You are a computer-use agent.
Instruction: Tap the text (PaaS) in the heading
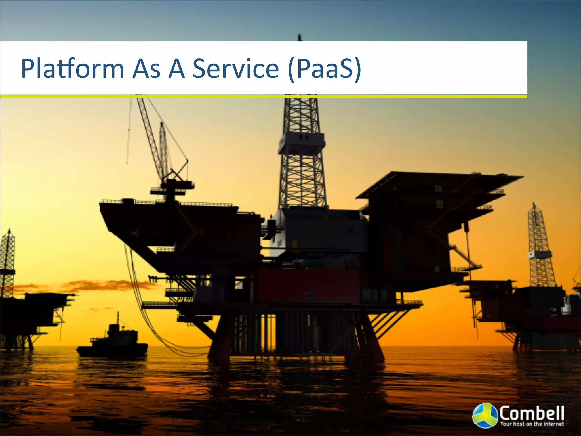click(x=324, y=69)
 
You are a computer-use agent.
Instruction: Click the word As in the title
click(x=146, y=69)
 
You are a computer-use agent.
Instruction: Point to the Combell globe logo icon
click(x=485, y=415)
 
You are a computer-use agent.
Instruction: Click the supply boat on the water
click(x=113, y=343)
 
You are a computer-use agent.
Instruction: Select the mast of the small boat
click(x=118, y=319)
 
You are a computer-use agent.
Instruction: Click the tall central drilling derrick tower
click(x=302, y=159)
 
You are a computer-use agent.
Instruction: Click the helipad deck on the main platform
click(x=440, y=182)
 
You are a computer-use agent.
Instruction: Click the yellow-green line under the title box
click(x=255, y=97)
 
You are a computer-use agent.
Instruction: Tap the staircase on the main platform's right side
click(x=465, y=257)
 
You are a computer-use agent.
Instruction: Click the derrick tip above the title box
click(x=300, y=37)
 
